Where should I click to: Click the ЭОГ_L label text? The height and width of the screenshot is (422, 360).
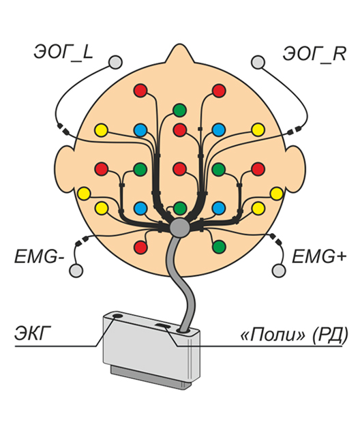click(63, 53)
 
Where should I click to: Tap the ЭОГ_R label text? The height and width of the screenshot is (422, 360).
click(314, 55)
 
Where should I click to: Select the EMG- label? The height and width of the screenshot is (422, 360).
click(40, 256)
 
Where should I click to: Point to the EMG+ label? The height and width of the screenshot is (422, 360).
click(319, 256)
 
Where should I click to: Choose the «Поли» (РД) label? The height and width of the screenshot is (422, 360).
click(294, 335)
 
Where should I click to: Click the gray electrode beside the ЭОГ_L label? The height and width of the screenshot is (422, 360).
click(115, 62)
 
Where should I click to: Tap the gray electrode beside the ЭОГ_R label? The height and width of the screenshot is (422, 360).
click(258, 62)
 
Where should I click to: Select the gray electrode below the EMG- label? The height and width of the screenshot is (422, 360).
click(76, 271)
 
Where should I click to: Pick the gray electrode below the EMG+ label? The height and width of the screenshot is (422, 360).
click(279, 271)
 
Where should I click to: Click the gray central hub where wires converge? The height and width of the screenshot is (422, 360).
click(179, 228)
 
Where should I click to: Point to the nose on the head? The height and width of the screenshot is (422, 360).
click(179, 53)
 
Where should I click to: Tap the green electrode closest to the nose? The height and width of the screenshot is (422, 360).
click(179, 110)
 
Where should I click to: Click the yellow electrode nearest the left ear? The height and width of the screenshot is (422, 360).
click(84, 194)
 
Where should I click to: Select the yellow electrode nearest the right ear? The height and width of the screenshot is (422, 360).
click(276, 194)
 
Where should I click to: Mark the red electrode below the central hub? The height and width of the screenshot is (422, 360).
click(140, 247)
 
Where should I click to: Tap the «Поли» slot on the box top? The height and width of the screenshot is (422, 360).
click(162, 326)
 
